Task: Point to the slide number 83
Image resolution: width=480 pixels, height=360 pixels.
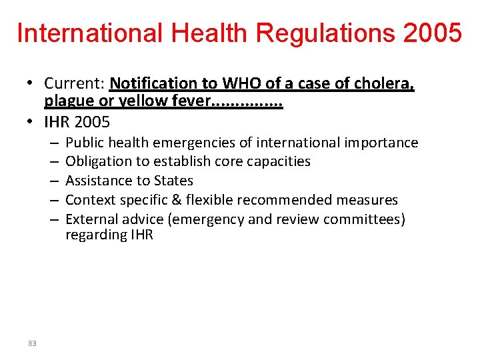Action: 32,343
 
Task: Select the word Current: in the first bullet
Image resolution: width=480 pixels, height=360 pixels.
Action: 75,83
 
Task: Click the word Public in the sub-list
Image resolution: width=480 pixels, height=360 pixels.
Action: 85,143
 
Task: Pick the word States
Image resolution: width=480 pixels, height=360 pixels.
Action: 173,181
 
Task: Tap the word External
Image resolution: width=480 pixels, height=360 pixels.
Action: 90,219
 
